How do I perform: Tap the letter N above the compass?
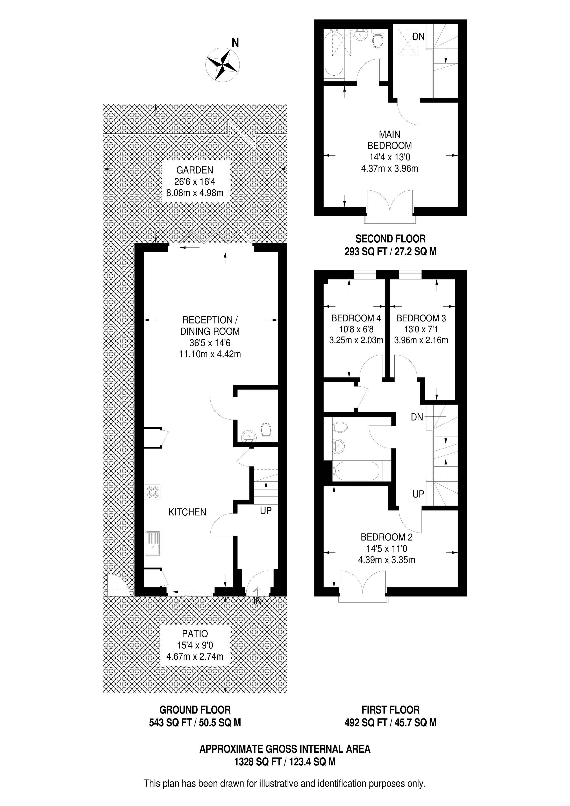[x=235, y=43]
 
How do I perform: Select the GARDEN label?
[x=195, y=170]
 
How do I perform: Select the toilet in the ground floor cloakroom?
[x=266, y=432]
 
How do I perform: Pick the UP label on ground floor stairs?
[x=266, y=511]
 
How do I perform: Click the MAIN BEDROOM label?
[x=389, y=140]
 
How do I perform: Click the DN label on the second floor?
[x=418, y=37]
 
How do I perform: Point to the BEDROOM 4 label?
[x=356, y=318]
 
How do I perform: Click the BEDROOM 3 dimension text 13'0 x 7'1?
[x=421, y=329]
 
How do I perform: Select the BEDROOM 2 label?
[x=387, y=537]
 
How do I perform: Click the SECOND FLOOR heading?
[x=390, y=239]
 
